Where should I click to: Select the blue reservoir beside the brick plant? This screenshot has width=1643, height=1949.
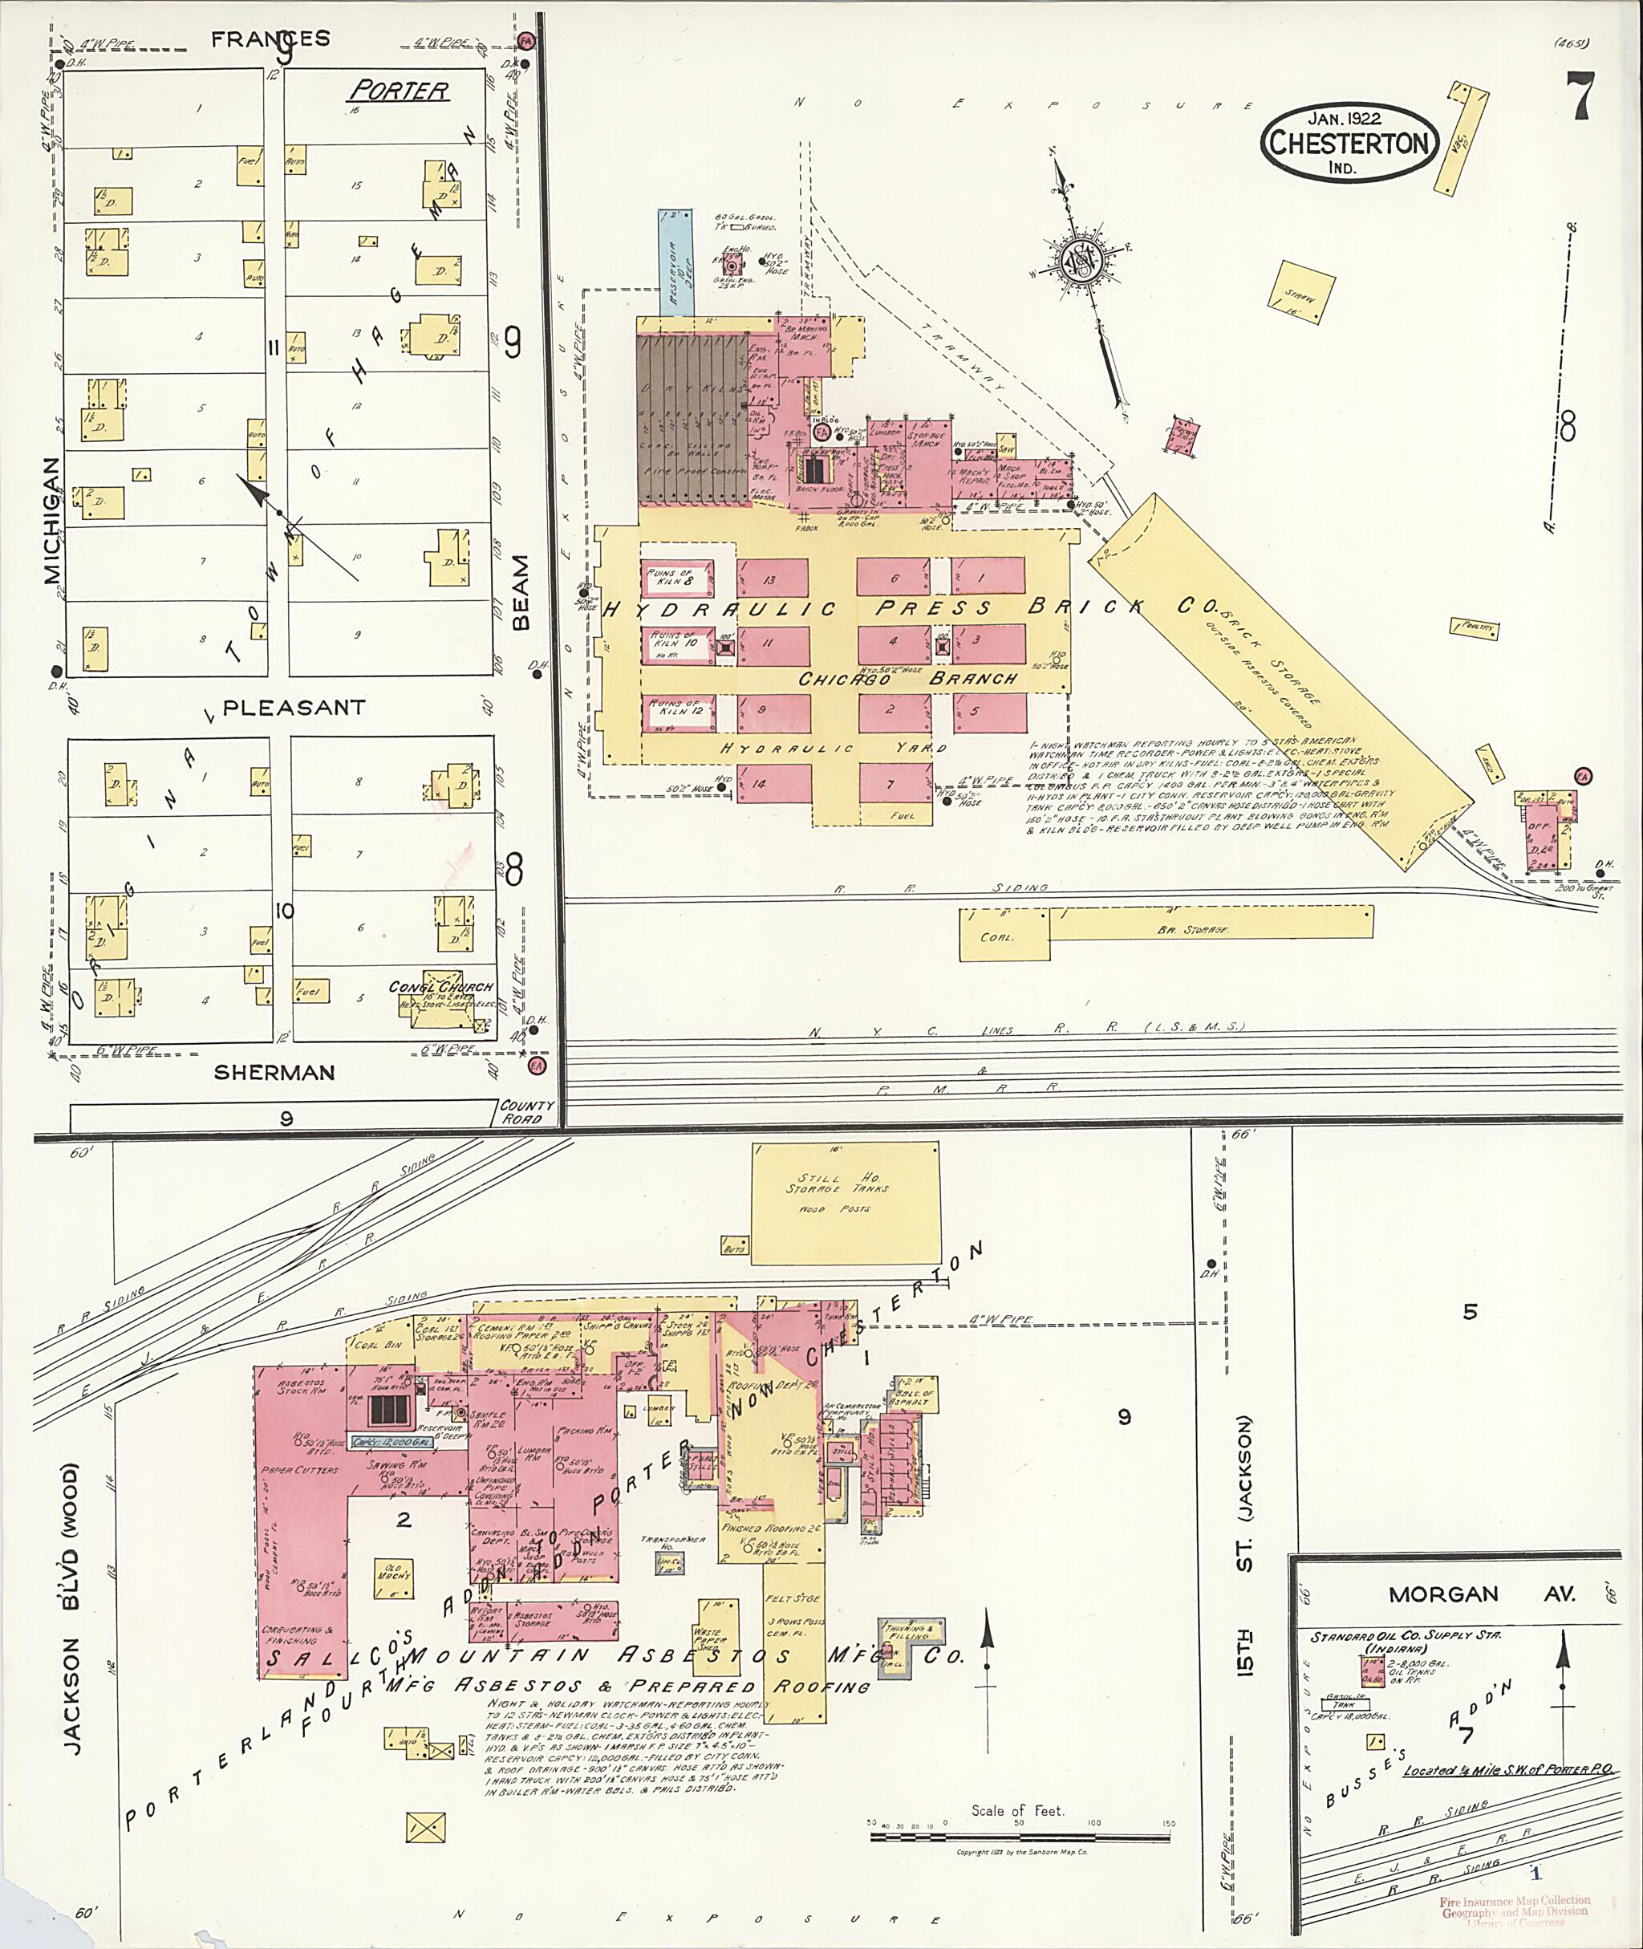(677, 262)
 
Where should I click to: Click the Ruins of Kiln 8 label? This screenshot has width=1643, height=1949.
(678, 579)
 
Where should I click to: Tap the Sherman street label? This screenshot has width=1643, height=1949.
(274, 1072)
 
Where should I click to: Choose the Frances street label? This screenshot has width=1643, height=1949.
(270, 39)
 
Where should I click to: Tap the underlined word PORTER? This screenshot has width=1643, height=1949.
(400, 91)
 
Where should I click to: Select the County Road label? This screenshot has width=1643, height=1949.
(526, 1111)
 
